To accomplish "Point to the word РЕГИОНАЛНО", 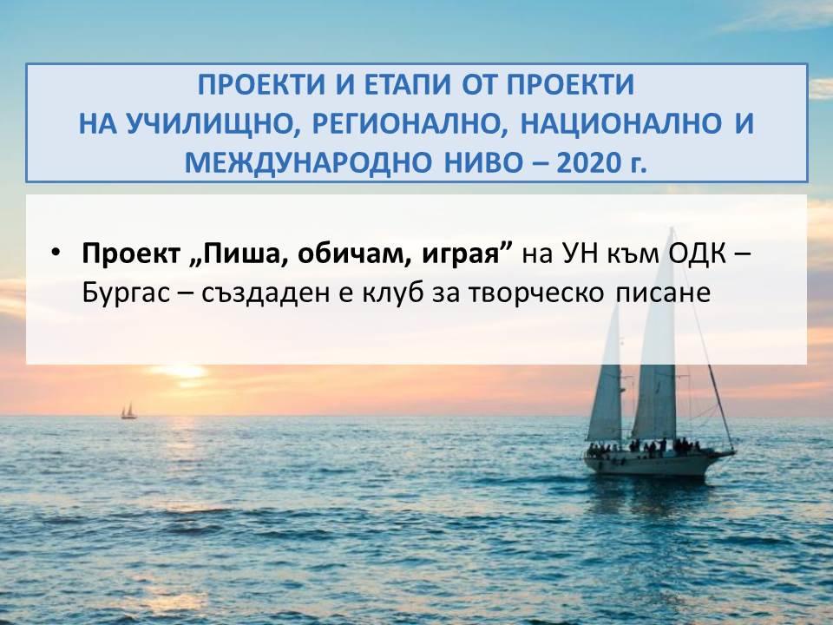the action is coord(407,124).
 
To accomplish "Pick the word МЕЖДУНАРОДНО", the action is coord(308,163).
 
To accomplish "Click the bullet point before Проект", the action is coord(56,252).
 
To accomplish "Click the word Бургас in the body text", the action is coord(126,293).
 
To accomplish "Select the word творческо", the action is coord(536,293).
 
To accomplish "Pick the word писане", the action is coord(662,293).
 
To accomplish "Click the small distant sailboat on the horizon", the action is coord(128,411).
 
